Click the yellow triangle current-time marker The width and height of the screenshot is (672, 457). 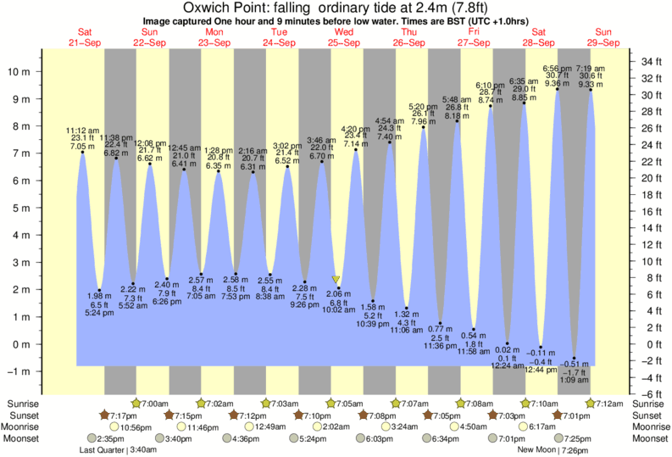point(336,279)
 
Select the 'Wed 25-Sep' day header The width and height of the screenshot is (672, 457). point(343,37)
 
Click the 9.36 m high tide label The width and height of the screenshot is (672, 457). point(557,83)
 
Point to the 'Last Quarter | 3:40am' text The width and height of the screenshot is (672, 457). point(114,449)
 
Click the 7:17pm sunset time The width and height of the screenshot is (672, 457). point(118,415)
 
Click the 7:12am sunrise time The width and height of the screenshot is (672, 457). point(610,404)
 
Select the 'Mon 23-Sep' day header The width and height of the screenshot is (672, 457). point(214,37)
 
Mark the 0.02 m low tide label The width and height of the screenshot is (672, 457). point(507,350)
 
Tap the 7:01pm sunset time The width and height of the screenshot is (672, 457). point(573,415)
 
